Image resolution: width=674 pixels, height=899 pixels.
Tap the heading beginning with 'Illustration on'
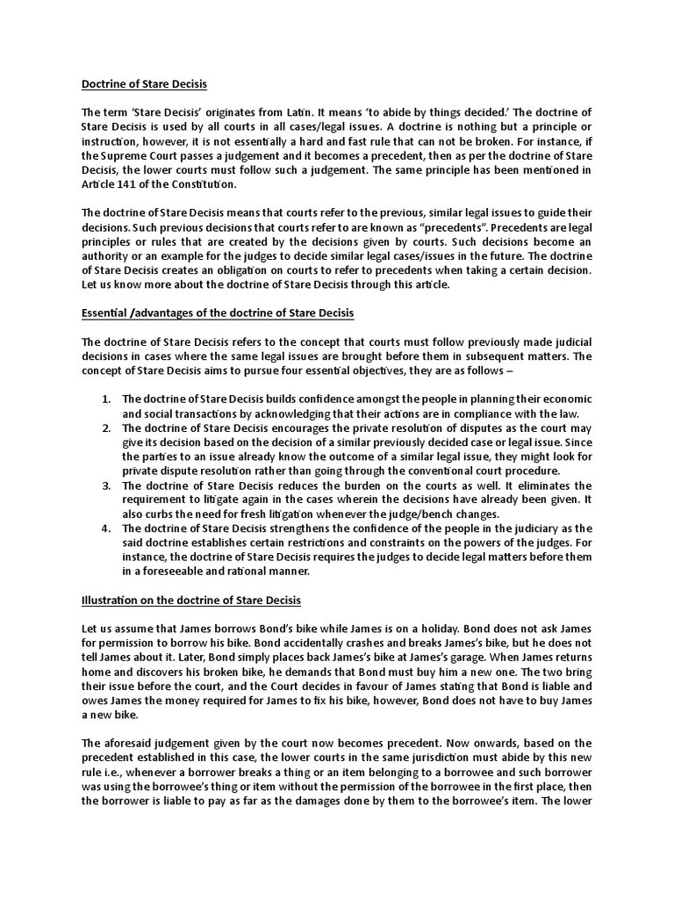click(191, 601)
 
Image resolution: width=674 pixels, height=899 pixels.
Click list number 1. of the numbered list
click(106, 399)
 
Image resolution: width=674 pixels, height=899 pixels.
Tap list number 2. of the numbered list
click(106, 428)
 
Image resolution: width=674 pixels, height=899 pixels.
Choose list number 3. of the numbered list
click(106, 485)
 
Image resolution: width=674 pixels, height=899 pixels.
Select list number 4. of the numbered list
click(106, 529)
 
